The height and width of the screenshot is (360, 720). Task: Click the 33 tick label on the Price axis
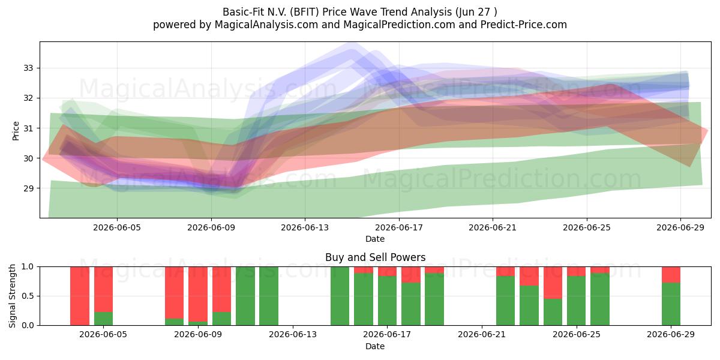point(28,68)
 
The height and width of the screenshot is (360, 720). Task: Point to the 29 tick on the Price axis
point(28,188)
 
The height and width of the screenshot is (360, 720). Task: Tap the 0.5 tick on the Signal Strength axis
point(28,296)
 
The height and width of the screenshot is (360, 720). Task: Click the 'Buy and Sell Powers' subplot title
point(375,257)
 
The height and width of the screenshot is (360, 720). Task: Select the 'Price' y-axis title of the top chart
point(16,131)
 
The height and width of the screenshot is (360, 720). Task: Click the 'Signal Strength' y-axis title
point(12,296)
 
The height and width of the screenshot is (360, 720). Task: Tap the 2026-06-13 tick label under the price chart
point(305,227)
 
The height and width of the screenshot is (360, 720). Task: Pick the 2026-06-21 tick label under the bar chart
point(481,335)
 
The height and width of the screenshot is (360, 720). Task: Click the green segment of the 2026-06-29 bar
point(671,304)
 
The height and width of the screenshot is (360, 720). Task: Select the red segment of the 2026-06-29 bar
point(671,275)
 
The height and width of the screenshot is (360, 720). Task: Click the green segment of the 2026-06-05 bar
point(103,319)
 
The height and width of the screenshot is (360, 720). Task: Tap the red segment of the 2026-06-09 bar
point(198,294)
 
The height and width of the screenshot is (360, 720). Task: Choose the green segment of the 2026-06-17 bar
point(387,301)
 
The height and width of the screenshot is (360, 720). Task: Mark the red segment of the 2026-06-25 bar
point(577,271)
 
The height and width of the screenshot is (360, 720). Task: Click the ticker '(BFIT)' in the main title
point(304,12)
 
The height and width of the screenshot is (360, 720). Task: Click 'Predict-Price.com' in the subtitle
point(524,25)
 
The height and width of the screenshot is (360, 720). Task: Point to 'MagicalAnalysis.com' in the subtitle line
point(266,25)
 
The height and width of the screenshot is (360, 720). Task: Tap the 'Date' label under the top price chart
point(375,239)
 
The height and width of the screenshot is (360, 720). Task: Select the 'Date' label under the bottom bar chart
point(375,346)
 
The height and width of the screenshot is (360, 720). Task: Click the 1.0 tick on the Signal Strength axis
point(28,266)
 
